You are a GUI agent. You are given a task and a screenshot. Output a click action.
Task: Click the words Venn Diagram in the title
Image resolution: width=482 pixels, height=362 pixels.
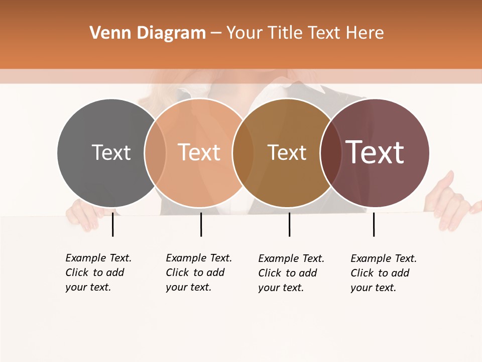(x=148, y=33)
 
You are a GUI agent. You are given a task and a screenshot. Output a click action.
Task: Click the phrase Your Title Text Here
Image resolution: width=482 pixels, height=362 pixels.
(x=305, y=33)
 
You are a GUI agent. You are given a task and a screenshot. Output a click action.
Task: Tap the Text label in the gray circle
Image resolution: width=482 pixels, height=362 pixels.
(x=111, y=152)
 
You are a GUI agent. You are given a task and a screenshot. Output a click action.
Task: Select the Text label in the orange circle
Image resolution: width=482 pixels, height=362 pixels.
(x=199, y=152)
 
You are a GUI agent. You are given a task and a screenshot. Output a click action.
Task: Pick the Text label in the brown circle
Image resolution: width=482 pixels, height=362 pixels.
(x=287, y=152)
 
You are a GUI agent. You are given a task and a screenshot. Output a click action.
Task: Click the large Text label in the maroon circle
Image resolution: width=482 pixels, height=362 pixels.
(x=375, y=152)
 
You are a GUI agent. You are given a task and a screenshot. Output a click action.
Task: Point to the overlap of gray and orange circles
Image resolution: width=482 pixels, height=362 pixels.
(x=155, y=153)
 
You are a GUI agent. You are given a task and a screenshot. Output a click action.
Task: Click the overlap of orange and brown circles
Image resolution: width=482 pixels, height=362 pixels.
(x=243, y=153)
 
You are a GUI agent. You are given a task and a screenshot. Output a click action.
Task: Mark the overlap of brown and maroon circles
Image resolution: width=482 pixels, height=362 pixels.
(x=330, y=153)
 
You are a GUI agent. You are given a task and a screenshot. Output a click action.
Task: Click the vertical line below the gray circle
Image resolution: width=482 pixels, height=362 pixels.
(x=112, y=224)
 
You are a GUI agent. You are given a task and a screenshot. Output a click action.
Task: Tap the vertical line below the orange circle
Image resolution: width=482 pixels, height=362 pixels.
(x=201, y=224)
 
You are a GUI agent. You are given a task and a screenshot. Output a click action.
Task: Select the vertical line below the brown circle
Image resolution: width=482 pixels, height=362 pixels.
(x=289, y=224)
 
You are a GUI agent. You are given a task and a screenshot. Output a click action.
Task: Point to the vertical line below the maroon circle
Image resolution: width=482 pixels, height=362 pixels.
(x=374, y=224)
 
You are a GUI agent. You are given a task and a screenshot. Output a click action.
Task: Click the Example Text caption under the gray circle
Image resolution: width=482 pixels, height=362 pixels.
(x=98, y=273)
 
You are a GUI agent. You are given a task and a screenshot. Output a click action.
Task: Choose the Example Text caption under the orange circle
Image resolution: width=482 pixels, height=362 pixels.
(x=198, y=273)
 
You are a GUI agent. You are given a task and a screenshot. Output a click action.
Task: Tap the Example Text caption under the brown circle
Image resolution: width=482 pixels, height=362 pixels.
(x=291, y=273)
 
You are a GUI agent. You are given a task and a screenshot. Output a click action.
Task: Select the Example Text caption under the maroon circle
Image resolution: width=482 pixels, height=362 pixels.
(x=383, y=273)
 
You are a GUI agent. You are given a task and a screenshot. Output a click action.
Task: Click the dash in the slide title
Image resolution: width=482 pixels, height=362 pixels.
(x=216, y=34)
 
